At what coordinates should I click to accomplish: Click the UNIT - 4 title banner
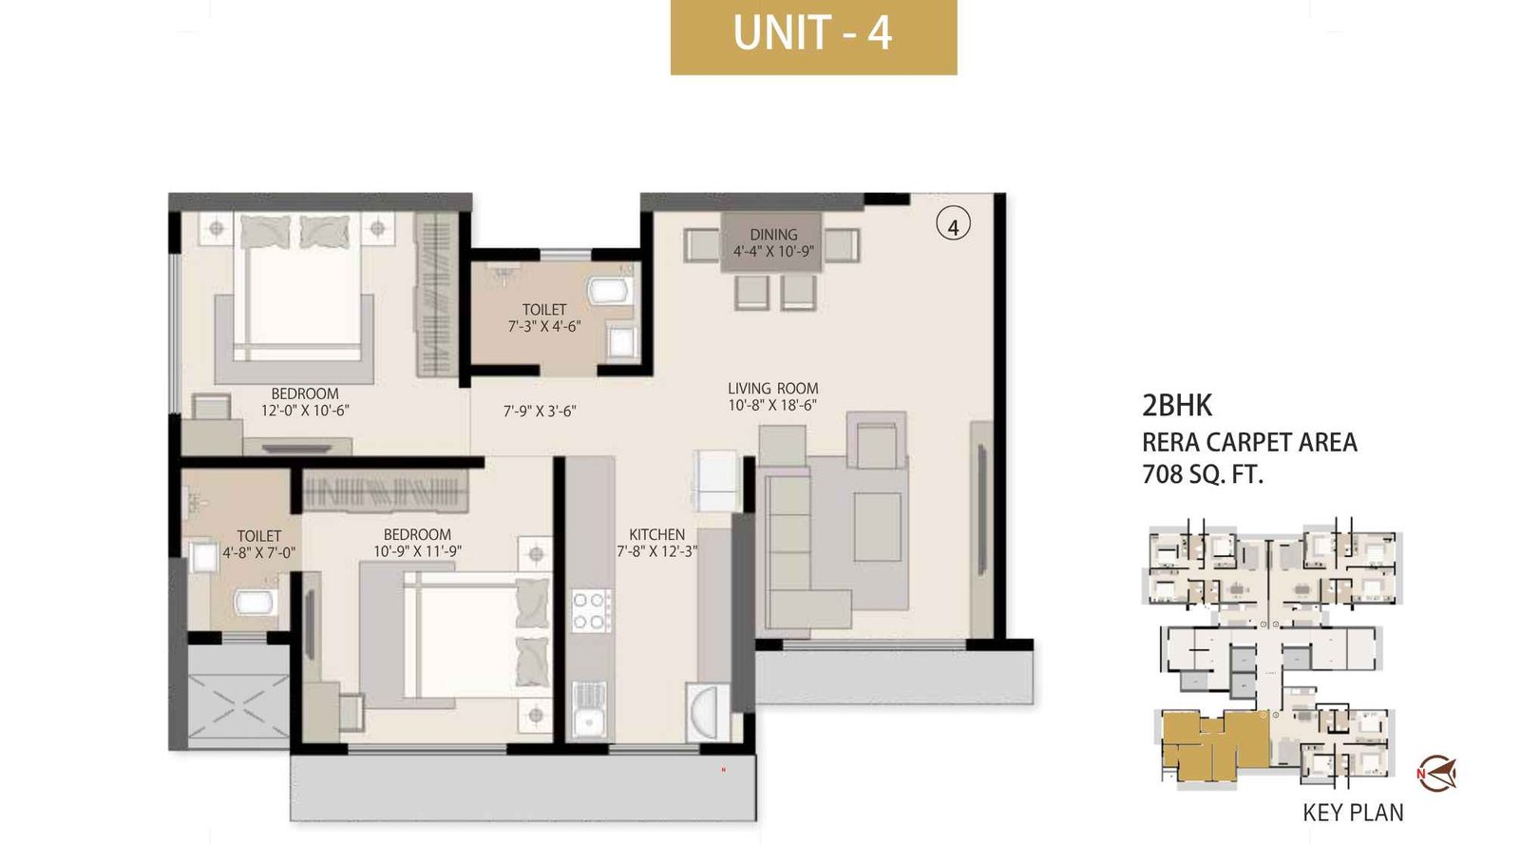(813, 36)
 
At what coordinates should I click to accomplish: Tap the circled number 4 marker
(953, 225)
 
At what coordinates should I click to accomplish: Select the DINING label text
(773, 234)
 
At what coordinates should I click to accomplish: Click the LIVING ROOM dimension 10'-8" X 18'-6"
(772, 405)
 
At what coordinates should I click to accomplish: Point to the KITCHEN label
(656, 534)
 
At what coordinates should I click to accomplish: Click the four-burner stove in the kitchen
(590, 610)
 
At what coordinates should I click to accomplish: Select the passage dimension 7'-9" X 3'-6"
(540, 412)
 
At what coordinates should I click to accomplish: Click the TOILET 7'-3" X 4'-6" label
(543, 317)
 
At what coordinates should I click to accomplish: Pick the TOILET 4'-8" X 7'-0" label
(259, 544)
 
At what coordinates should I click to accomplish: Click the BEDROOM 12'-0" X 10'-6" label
(305, 402)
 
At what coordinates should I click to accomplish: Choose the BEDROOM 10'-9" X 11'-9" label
(417, 543)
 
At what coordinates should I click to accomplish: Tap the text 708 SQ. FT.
(1202, 473)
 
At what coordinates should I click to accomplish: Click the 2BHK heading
(1177, 406)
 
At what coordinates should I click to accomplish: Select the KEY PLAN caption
(1353, 813)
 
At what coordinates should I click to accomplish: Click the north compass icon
(1435, 773)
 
